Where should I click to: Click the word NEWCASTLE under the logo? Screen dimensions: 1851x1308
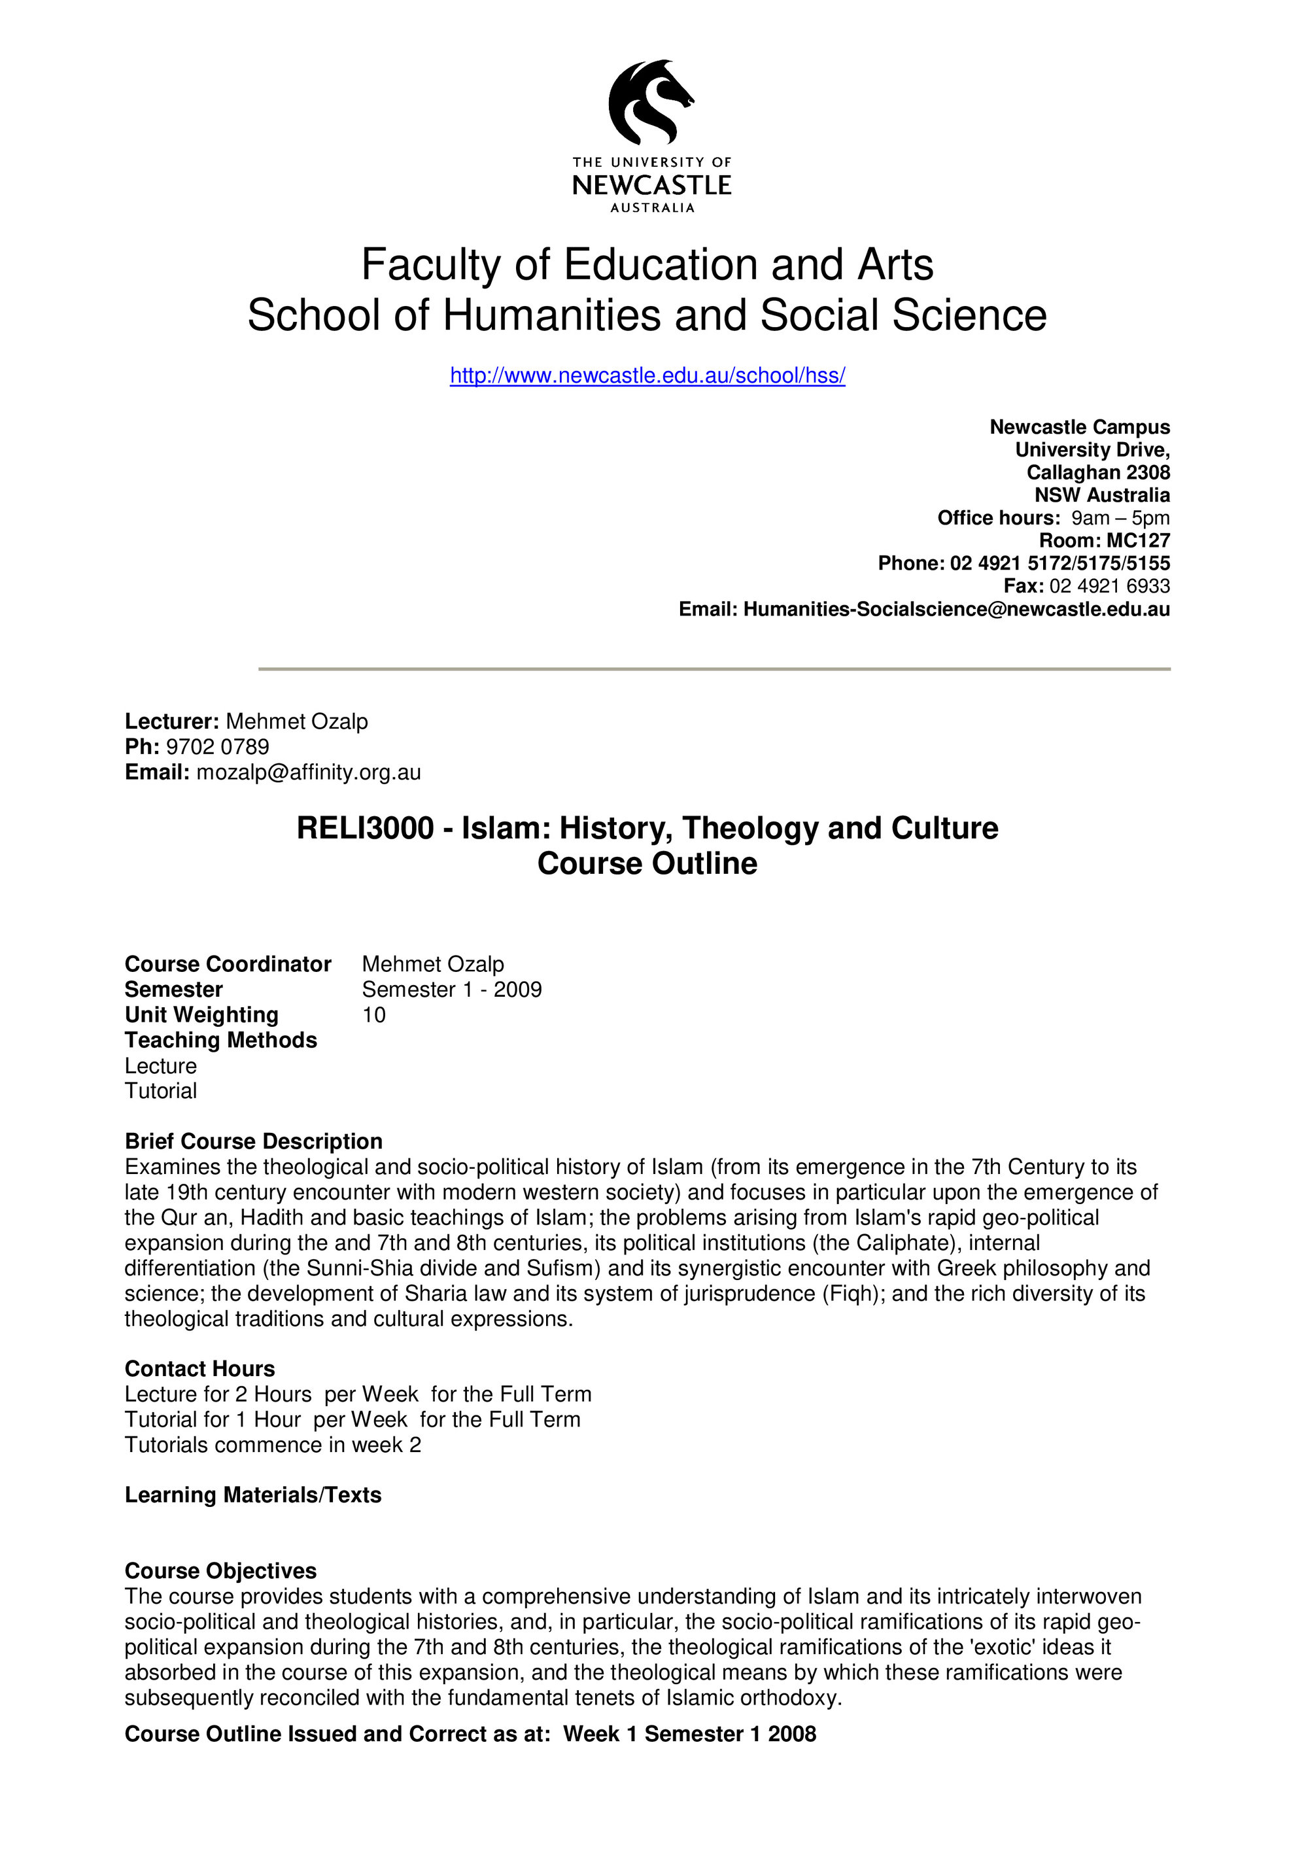651,185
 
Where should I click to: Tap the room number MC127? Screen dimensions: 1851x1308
1137,541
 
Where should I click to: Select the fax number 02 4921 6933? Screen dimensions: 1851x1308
1109,586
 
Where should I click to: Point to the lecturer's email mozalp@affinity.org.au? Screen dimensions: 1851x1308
309,772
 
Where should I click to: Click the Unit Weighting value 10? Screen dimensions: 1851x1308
374,1015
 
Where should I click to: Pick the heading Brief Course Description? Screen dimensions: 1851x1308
253,1141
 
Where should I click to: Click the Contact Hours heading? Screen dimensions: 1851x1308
200,1369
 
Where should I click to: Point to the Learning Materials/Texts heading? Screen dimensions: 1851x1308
253,1495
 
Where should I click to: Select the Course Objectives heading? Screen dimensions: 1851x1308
221,1570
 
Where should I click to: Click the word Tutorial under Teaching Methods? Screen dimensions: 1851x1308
160,1091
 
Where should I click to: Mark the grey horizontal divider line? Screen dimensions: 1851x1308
714,669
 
